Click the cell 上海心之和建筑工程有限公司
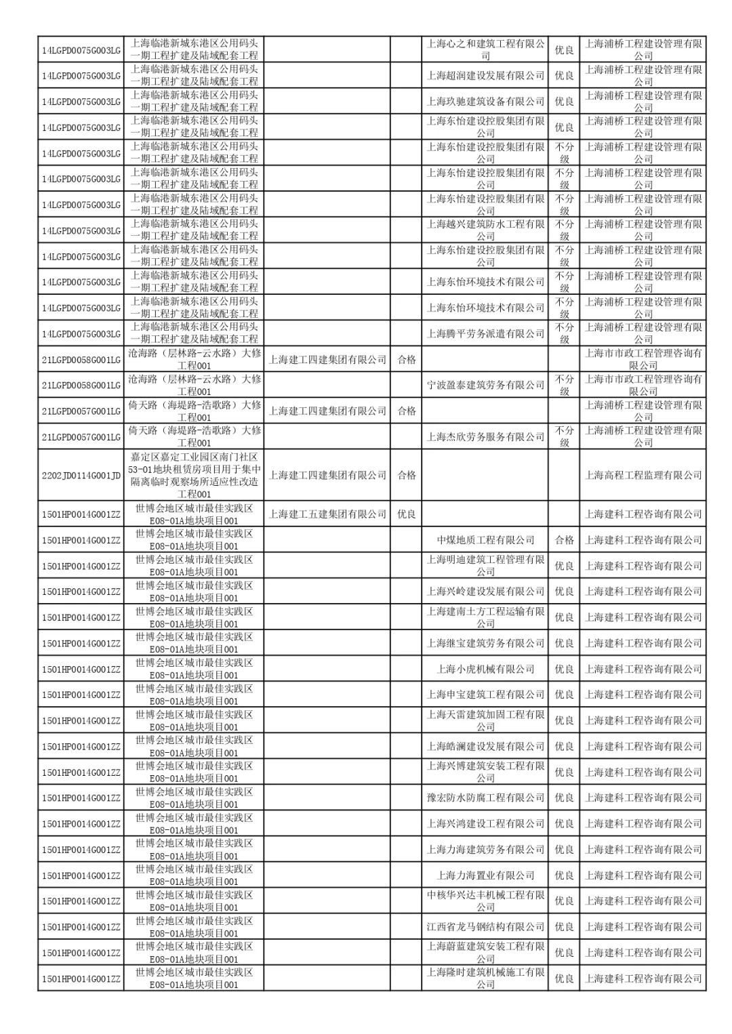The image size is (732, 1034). pos(485,49)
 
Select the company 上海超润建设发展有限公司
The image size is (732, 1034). pos(485,75)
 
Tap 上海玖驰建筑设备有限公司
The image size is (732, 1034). pos(485,101)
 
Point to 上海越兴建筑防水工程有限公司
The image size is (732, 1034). pos(485,230)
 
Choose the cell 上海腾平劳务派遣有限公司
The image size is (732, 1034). pos(485,333)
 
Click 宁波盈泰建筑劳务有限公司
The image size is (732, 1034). pos(485,385)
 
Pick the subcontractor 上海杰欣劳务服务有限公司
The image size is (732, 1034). pos(485,437)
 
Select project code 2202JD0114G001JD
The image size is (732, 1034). pos(81,476)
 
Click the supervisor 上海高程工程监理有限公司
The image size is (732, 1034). pos(643,476)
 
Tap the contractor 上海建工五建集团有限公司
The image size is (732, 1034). pos(327,514)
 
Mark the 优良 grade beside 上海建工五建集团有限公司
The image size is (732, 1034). pos(407,514)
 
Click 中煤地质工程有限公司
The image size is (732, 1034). pos(485,540)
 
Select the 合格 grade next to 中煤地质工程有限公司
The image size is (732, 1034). pos(564,540)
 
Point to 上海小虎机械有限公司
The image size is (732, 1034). pos(485,669)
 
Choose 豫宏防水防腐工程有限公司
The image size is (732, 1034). pos(485,798)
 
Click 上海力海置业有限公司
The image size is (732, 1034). pos(485,875)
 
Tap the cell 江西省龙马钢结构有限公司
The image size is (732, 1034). pos(485,927)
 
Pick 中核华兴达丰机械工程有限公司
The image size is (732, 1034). pos(485,901)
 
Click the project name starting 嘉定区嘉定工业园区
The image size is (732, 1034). pos(194,476)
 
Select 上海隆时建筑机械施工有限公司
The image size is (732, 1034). pos(485,978)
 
